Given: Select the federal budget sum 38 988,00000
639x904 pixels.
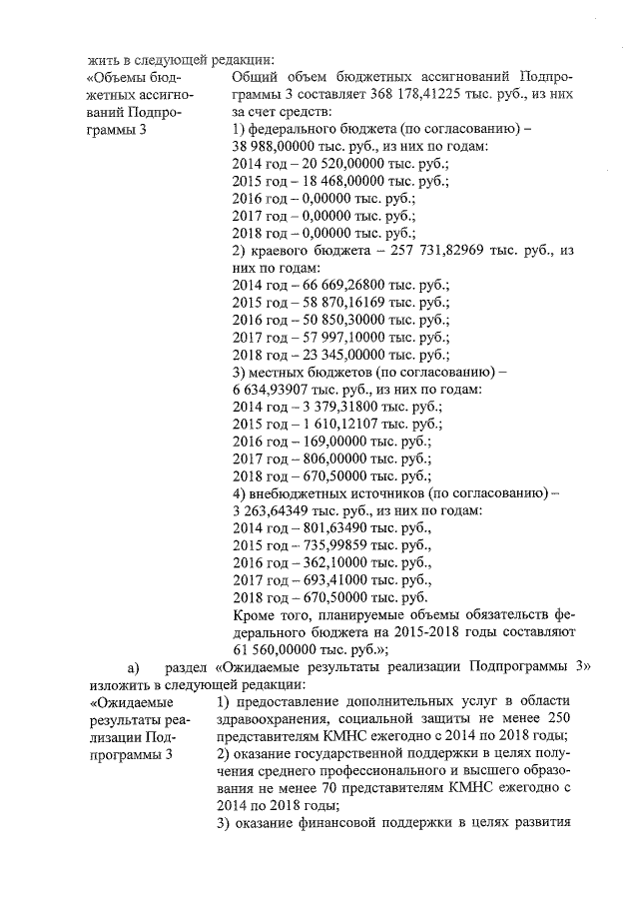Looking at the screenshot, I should tap(273, 145).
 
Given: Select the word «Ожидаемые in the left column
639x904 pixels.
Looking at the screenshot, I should tap(126, 708).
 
